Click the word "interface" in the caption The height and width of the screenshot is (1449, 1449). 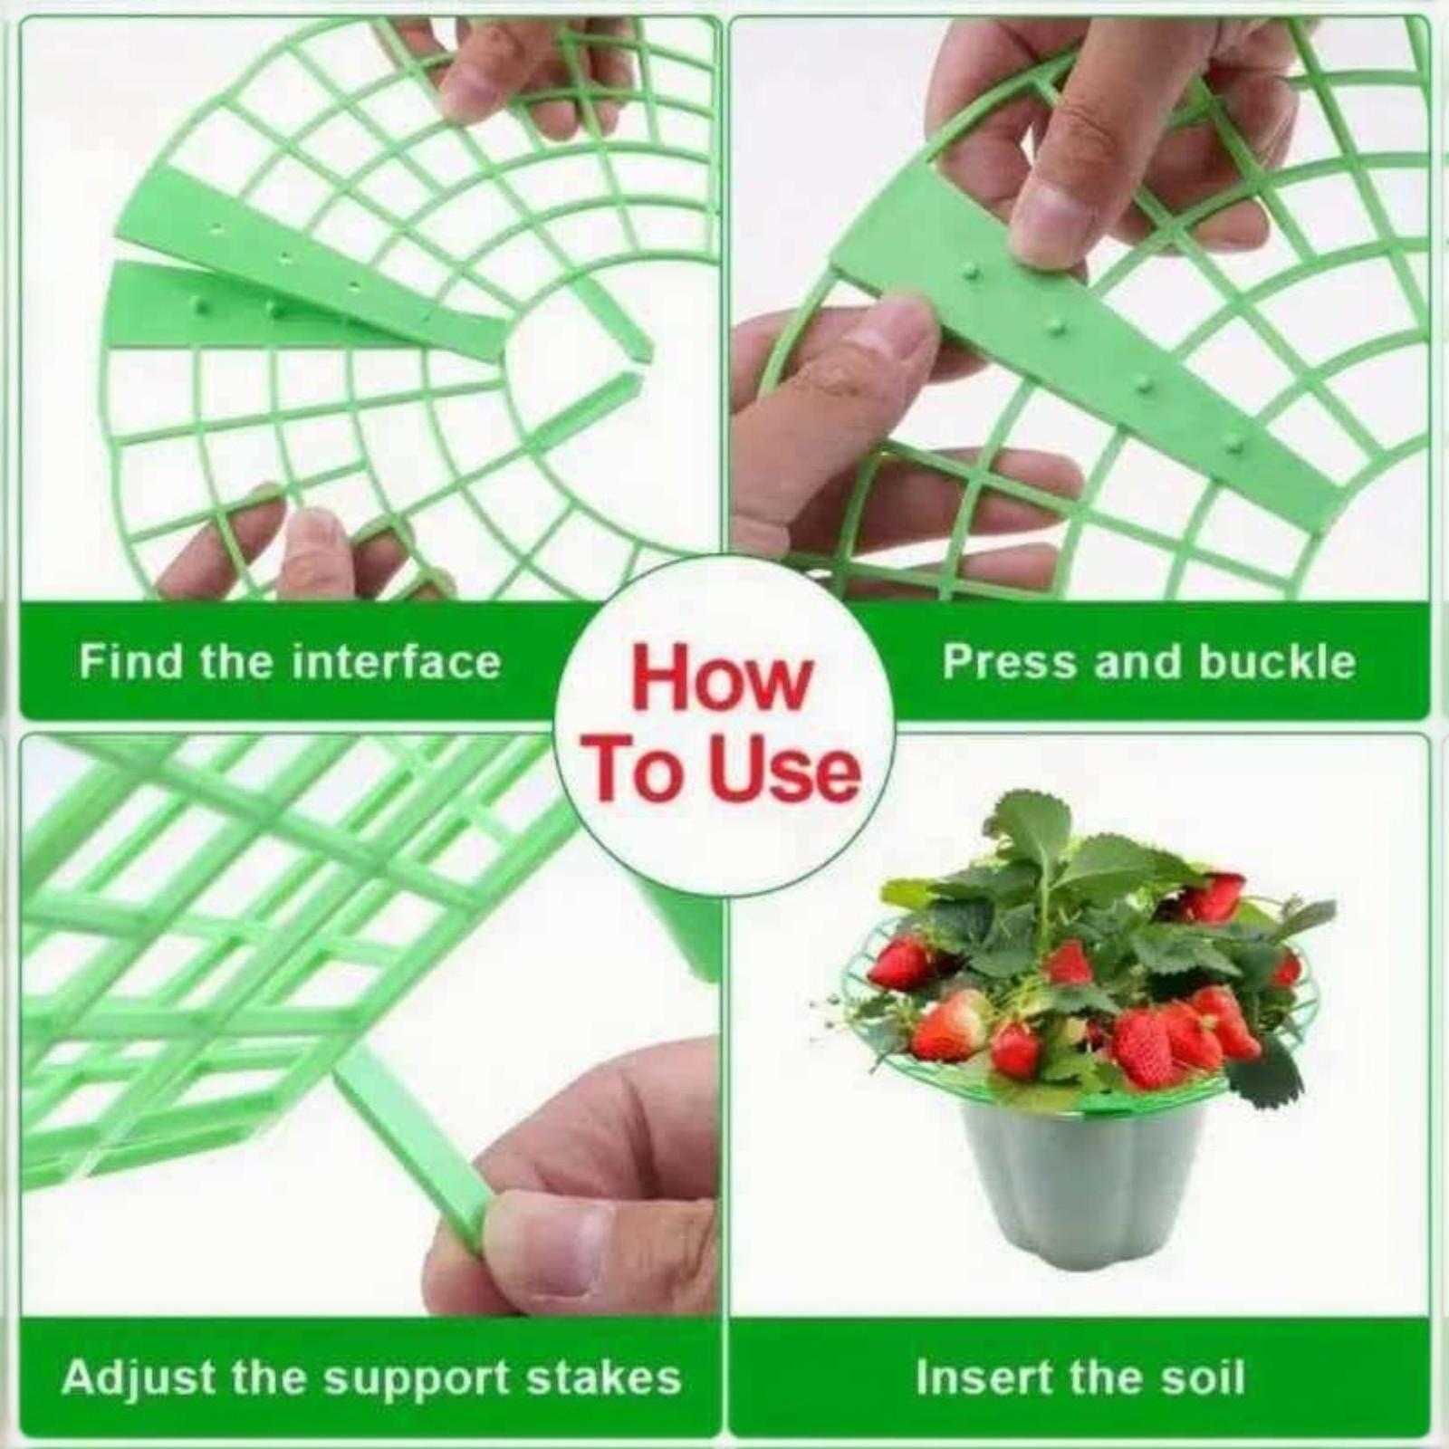tap(398, 661)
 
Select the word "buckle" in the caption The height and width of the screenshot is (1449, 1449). tap(1277, 661)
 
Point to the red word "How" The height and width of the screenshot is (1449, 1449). tap(721, 679)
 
